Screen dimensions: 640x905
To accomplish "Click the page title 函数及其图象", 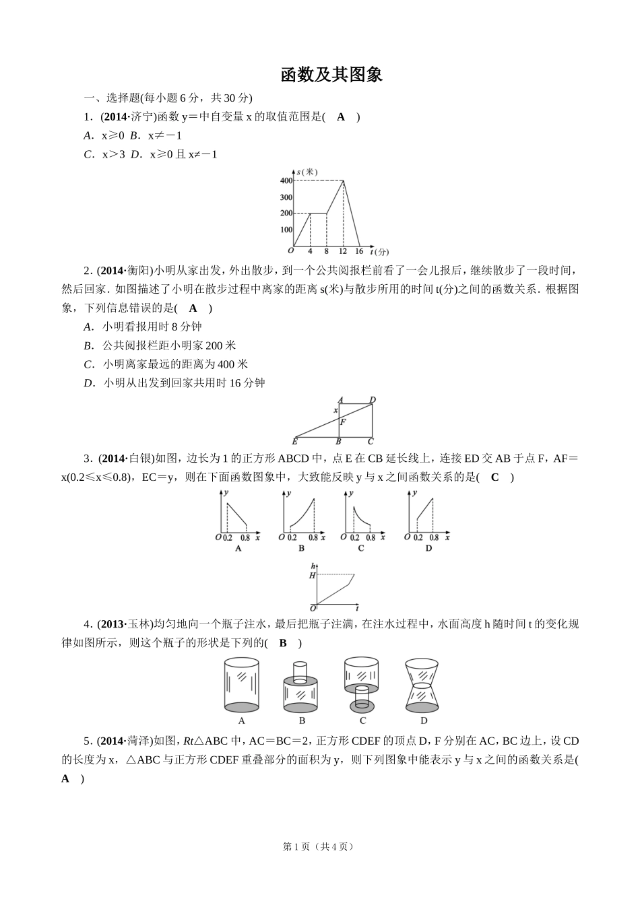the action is [x=331, y=75].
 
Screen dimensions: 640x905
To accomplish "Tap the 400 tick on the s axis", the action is [x=286, y=180].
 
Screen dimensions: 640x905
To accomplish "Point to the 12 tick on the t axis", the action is [x=343, y=251].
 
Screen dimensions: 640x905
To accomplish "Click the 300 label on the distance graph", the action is [x=286, y=197].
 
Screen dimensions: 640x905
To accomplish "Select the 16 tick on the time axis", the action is [x=359, y=251].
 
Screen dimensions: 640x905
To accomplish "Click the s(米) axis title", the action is [x=307, y=172].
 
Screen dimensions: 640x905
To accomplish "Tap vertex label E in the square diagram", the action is [x=295, y=442].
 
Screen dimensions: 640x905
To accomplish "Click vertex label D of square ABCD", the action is [x=373, y=400].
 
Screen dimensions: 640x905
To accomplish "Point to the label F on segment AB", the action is [x=343, y=422].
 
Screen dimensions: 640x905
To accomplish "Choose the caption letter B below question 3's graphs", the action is [x=301, y=548].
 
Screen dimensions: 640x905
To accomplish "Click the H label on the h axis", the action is [x=312, y=575].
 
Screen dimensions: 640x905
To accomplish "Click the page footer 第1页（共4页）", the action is [x=318, y=846].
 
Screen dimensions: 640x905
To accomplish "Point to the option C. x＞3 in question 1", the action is [x=104, y=154].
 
